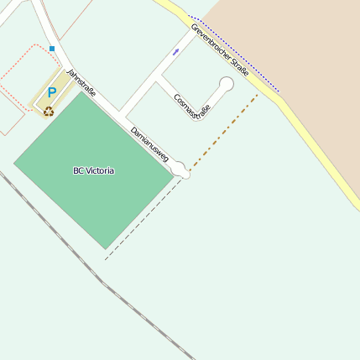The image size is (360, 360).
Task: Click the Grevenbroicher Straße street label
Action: click(219, 52)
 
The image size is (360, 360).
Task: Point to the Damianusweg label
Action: click(150, 144)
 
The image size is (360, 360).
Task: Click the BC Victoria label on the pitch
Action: click(93, 170)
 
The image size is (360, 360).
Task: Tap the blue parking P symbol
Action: click(51, 93)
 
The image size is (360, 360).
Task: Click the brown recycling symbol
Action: click(49, 111)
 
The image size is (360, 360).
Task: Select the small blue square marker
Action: click(52, 49)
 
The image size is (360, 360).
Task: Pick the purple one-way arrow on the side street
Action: click(175, 52)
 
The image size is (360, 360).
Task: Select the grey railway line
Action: click(101, 279)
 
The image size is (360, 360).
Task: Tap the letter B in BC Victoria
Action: click(76, 170)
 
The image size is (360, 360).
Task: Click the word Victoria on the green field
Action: click(99, 170)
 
